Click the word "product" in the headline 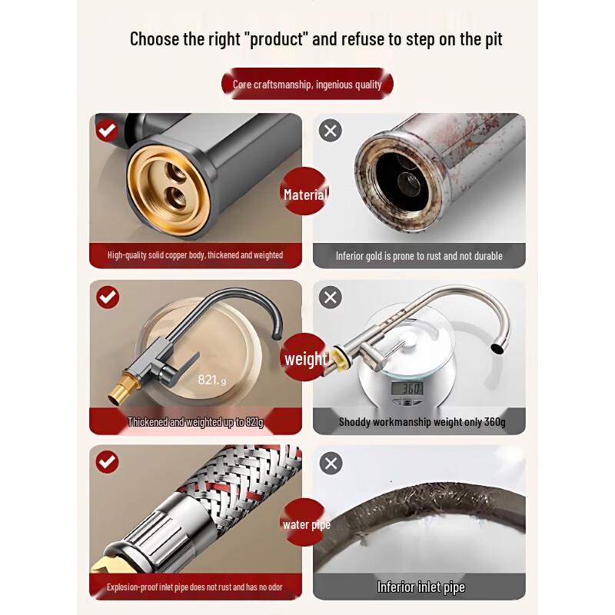click(278, 39)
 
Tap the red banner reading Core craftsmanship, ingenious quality click(307, 84)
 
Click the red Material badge click(305, 191)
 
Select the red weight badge click(305, 357)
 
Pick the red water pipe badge click(306, 523)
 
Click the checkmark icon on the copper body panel click(107, 130)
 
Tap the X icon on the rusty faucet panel click(331, 131)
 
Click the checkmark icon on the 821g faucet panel click(108, 298)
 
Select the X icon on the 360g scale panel click(331, 298)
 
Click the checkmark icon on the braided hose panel click(107, 463)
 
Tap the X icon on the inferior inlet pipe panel click(331, 464)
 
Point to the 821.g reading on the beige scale click(212, 380)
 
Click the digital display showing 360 click(407, 388)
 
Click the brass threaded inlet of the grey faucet click(124, 388)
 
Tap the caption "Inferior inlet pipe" click(421, 587)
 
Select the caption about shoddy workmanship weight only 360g click(422, 422)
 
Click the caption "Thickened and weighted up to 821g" click(195, 422)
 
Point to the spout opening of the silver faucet click(498, 348)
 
